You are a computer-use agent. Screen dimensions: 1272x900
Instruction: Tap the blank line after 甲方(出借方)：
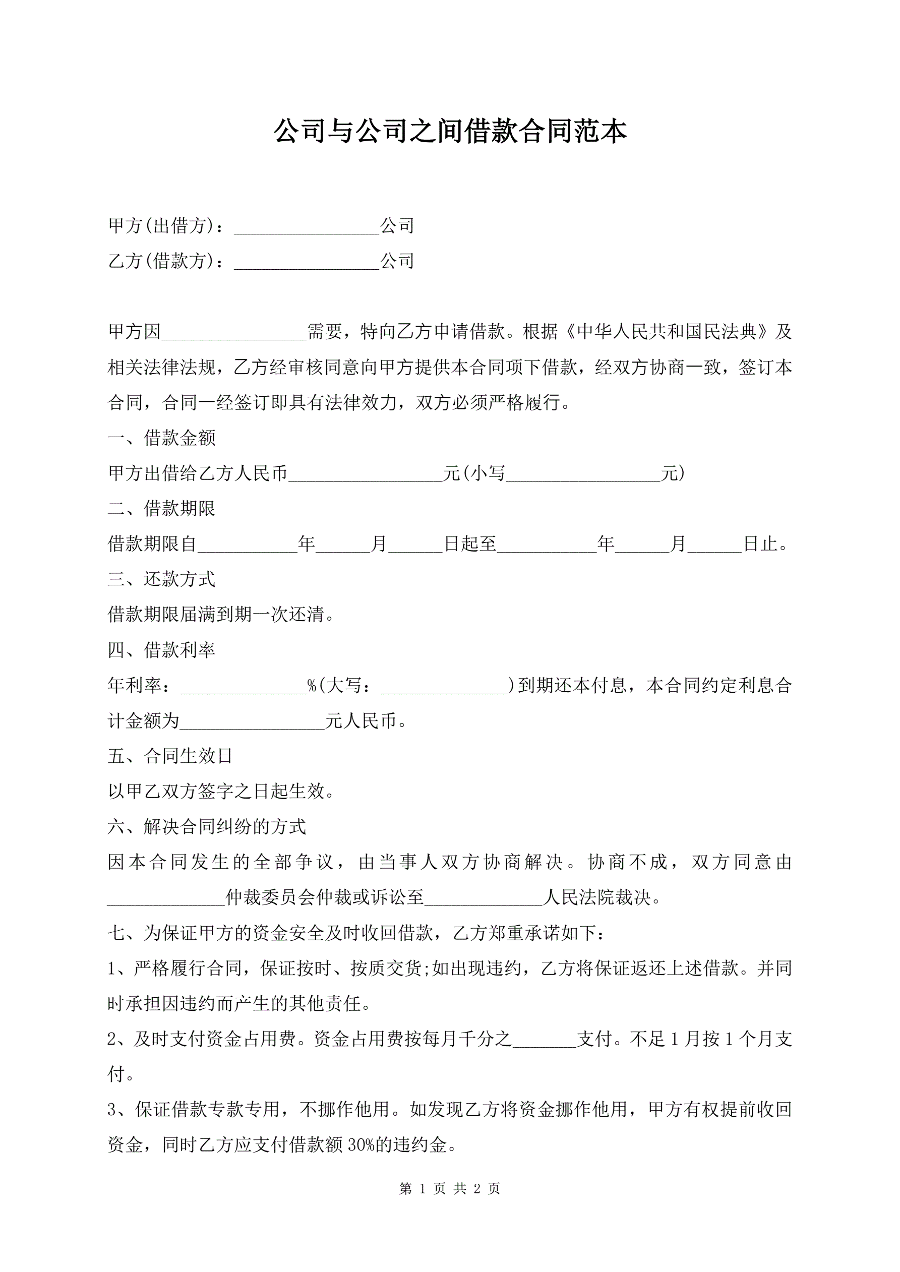[x=307, y=227]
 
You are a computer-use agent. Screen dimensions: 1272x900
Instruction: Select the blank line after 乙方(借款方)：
[x=307, y=263]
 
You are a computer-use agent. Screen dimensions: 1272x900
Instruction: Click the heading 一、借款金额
[x=161, y=438]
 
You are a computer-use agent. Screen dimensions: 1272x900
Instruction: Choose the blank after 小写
[x=583, y=475]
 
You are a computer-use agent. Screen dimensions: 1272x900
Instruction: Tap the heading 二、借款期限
[x=161, y=509]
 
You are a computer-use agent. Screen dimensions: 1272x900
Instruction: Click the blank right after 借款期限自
[x=247, y=545]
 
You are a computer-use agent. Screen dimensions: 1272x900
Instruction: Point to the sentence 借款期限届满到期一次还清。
[x=222, y=615]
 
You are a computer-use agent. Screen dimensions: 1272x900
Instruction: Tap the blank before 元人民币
[x=252, y=722]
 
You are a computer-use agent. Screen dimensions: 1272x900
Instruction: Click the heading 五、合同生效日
[x=170, y=756]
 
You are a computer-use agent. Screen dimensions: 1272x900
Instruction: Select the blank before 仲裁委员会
[x=166, y=898]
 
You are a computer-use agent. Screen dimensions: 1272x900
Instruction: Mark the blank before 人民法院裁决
[x=483, y=898]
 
